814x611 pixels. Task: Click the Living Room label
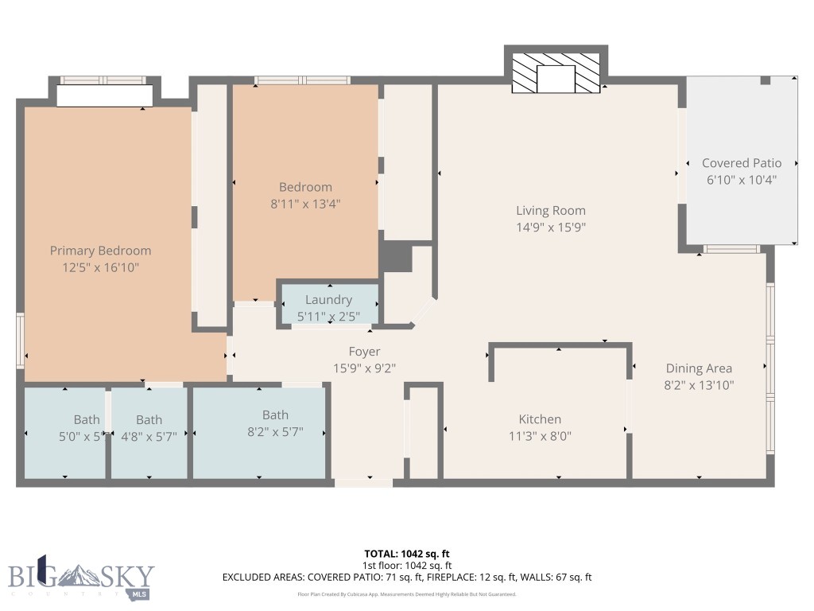pos(551,211)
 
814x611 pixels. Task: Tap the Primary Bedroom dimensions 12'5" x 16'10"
pos(100,268)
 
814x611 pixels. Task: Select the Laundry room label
pos(328,300)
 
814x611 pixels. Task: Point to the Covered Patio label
pos(741,163)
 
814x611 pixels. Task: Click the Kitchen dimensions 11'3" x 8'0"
pos(540,436)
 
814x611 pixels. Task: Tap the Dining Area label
pos(699,368)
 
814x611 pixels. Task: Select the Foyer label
pos(364,352)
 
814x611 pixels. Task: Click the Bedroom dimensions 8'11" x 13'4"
pos(305,204)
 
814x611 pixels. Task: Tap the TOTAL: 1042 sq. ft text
pos(406,554)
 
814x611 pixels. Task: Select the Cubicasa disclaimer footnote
pos(406,594)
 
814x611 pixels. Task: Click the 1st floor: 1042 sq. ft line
pos(406,566)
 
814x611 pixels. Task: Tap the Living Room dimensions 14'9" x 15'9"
pos(551,228)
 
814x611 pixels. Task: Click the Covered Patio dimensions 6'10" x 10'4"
pos(741,180)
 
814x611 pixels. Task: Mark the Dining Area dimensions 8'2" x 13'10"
pos(699,385)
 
